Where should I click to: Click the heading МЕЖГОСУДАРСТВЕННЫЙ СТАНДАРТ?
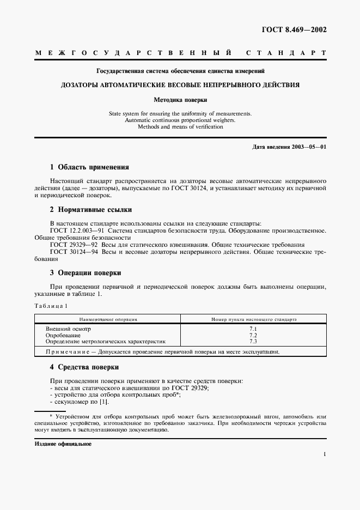coord(180,53)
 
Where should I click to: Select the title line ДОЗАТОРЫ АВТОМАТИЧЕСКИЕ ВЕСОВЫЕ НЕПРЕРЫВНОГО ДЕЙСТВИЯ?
coord(180,85)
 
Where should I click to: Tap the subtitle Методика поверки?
coord(180,100)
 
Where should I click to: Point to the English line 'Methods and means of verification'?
coord(180,126)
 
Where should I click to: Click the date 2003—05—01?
coord(309,147)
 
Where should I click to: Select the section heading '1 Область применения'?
coord(89,167)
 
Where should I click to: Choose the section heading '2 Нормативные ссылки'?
coord(90,210)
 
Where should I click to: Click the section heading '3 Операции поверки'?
coord(86,272)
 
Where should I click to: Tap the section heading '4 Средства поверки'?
coord(84,367)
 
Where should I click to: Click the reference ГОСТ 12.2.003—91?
coord(76,230)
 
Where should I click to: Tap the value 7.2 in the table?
coord(253,335)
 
